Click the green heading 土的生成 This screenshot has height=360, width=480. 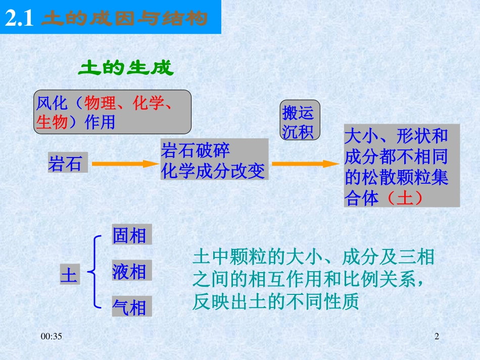(x=125, y=69)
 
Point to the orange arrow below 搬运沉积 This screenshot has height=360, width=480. (x=305, y=164)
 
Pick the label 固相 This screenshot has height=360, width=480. (x=129, y=235)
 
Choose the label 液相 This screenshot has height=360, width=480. (x=129, y=272)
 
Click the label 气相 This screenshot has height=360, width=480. (x=129, y=307)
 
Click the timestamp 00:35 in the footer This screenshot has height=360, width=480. (x=52, y=336)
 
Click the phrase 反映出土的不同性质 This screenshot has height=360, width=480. (x=275, y=302)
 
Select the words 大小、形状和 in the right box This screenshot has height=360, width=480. (x=396, y=136)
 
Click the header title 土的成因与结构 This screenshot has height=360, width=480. (x=124, y=19)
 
